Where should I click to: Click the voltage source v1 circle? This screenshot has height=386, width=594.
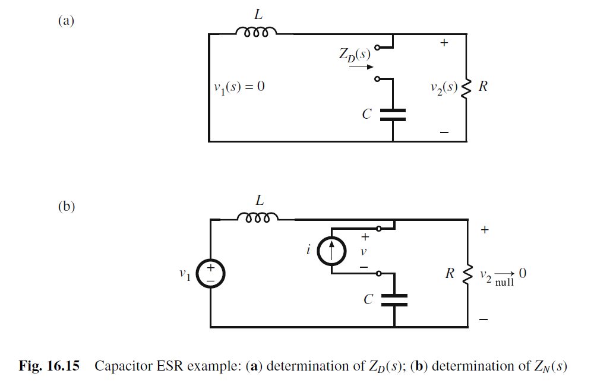(211, 274)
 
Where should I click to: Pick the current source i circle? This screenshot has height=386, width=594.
(331, 251)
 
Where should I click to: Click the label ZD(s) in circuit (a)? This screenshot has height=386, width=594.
(355, 54)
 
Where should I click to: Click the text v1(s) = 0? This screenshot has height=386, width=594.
(239, 87)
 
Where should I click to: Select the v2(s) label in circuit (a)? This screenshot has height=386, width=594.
(444, 87)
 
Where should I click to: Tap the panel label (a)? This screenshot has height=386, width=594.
(66, 21)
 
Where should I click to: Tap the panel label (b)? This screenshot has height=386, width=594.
(66, 207)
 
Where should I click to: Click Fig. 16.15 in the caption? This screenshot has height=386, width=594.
(54, 366)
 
